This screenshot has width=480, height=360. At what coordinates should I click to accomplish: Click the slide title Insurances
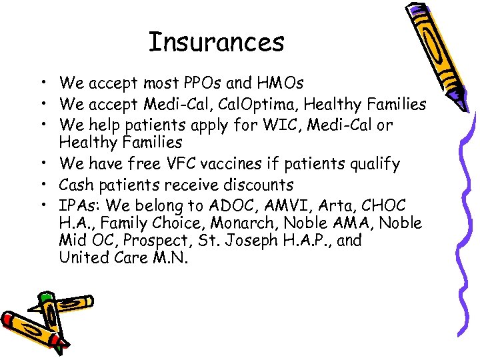pyautogui.click(x=216, y=42)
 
